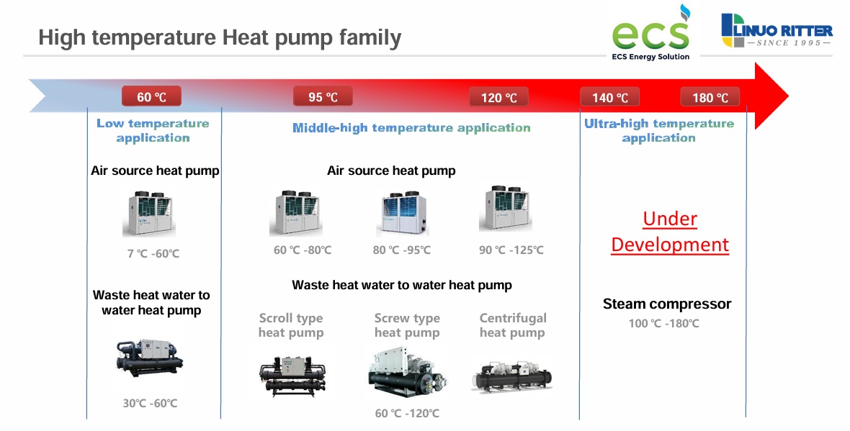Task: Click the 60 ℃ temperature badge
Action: [x=151, y=97]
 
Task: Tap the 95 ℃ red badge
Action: [x=323, y=97]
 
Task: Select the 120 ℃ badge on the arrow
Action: [x=498, y=97]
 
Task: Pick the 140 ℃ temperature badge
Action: [x=610, y=97]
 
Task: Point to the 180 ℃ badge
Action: [x=710, y=97]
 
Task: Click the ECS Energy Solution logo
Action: [x=651, y=32]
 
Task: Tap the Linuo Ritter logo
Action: [x=777, y=30]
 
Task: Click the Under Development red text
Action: [x=670, y=231]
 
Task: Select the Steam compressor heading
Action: [x=667, y=304]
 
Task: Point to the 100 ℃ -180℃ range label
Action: [x=663, y=323]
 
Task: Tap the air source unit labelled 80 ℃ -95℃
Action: [x=402, y=213]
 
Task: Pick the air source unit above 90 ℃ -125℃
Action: [x=505, y=209]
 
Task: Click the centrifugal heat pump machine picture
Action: [x=511, y=376]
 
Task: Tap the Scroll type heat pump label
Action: [x=291, y=325]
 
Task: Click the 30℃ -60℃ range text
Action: [x=150, y=403]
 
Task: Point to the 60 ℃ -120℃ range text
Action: [x=407, y=413]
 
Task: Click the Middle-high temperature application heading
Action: [x=411, y=128]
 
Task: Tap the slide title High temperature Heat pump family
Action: [x=220, y=38]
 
